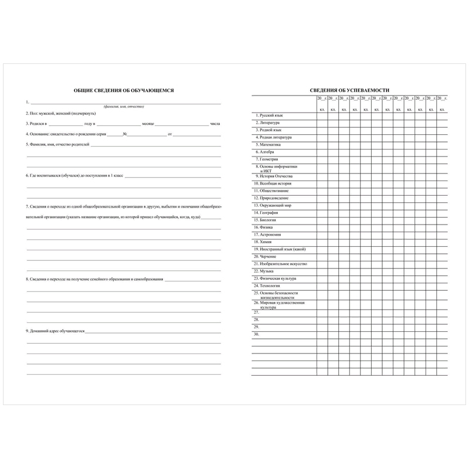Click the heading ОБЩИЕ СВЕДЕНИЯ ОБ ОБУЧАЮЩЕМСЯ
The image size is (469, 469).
point(124,90)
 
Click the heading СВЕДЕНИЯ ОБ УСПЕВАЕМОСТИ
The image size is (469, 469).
point(349,90)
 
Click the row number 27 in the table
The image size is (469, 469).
point(256,312)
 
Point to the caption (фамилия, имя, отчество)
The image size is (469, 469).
point(124,107)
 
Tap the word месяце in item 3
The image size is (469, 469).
point(148,124)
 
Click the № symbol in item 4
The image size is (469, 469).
point(125,134)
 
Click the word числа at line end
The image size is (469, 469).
point(215,124)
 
